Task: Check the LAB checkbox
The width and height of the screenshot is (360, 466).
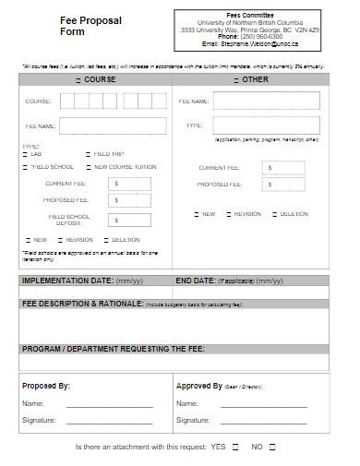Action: point(25,154)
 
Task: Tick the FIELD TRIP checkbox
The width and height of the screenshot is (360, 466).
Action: point(89,154)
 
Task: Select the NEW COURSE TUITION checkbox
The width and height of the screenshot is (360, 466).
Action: point(89,167)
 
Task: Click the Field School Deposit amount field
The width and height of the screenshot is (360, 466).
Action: point(129,220)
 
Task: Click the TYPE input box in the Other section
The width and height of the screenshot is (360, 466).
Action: point(265,125)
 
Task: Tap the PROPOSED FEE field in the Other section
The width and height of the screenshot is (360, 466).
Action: point(283,185)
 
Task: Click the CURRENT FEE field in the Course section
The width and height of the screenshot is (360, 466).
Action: point(129,185)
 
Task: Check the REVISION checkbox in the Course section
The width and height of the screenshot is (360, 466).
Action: point(58,239)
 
